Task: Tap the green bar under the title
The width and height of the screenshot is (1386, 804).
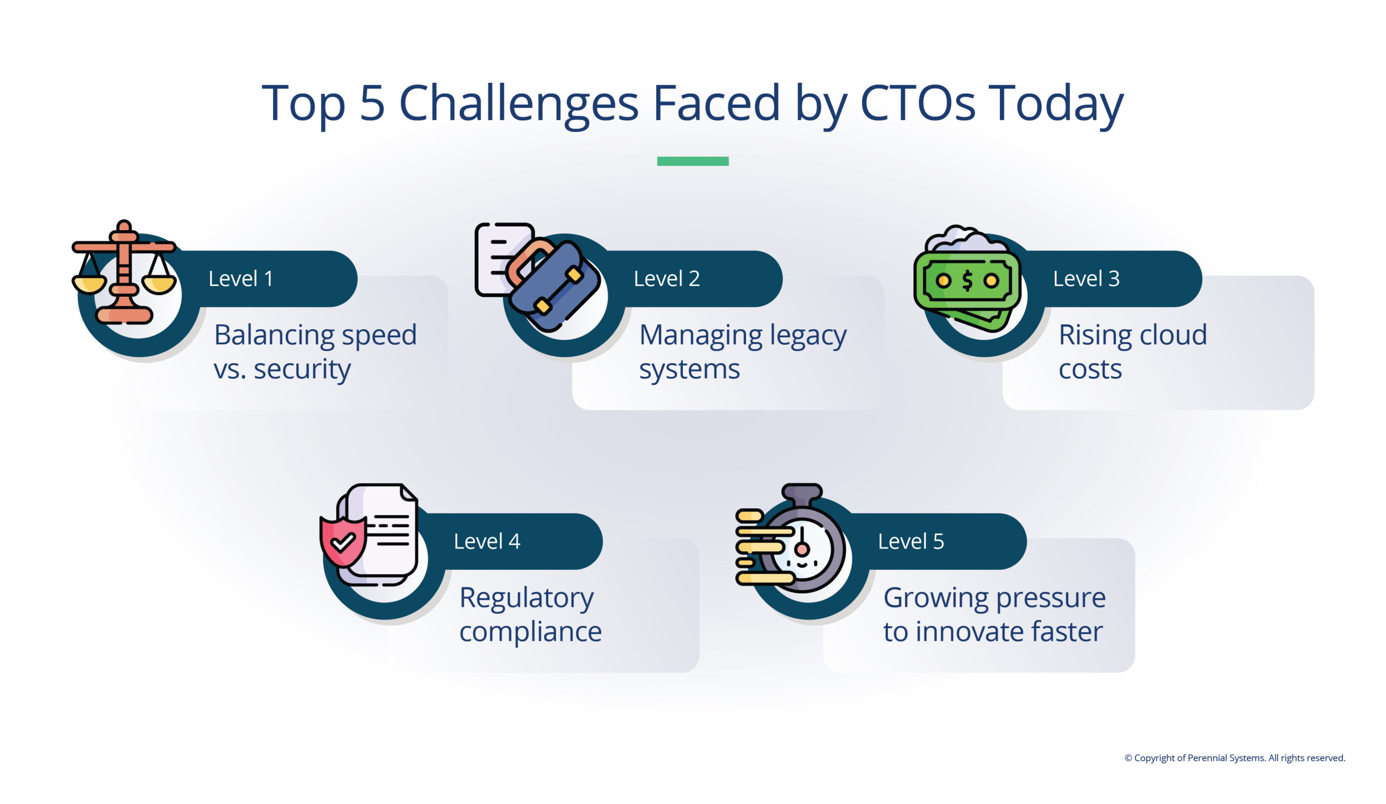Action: [x=692, y=161]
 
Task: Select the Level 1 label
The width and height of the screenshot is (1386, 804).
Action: [x=240, y=279]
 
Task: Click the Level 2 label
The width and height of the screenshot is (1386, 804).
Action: [x=666, y=279]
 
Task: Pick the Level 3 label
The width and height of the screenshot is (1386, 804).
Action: [x=1086, y=279]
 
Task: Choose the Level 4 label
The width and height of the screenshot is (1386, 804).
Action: [x=486, y=541]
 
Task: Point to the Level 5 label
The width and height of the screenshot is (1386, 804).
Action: [x=910, y=541]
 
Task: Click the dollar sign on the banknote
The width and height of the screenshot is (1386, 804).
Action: [x=967, y=281]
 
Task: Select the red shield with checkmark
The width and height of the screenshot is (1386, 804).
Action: [x=343, y=541]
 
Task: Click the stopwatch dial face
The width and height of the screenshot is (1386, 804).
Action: [x=802, y=550]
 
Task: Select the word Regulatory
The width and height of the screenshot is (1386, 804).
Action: [x=526, y=598]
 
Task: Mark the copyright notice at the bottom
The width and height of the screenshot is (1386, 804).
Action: [x=1234, y=758]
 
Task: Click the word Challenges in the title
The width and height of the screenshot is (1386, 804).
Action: [x=518, y=103]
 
